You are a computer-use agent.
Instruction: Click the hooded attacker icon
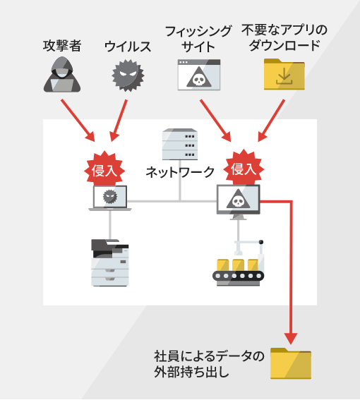pyautogui.click(x=62, y=74)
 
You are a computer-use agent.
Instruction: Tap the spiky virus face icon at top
pyautogui.click(x=128, y=75)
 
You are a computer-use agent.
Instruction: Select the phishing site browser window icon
pyautogui.click(x=199, y=75)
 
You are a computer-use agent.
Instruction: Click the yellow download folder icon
pyautogui.click(x=284, y=74)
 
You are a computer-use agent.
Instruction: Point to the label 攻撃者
pyautogui.click(x=62, y=46)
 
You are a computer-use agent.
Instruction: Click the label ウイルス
pyautogui.click(x=128, y=47)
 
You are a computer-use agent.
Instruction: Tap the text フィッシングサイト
pyautogui.click(x=198, y=39)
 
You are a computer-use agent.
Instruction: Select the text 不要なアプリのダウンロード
pyautogui.click(x=284, y=37)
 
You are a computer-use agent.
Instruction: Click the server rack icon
pyautogui.click(x=180, y=144)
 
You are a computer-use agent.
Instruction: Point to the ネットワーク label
pyautogui.click(x=180, y=172)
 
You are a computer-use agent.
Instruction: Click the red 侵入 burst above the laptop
pyautogui.click(x=104, y=169)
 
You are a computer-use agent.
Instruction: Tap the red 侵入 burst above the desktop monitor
pyautogui.click(x=244, y=168)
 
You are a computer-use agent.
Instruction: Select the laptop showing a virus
pyautogui.click(x=110, y=198)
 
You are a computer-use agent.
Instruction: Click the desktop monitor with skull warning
pyautogui.click(x=239, y=202)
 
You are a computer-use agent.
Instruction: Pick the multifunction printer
pyautogui.click(x=110, y=262)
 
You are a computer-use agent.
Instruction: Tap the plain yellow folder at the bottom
pyautogui.click(x=291, y=363)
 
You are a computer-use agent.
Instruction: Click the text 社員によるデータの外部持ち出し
pyautogui.click(x=209, y=364)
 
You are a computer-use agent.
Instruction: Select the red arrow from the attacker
pyautogui.click(x=78, y=121)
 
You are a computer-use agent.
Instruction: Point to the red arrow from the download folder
pyautogui.click(x=271, y=121)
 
